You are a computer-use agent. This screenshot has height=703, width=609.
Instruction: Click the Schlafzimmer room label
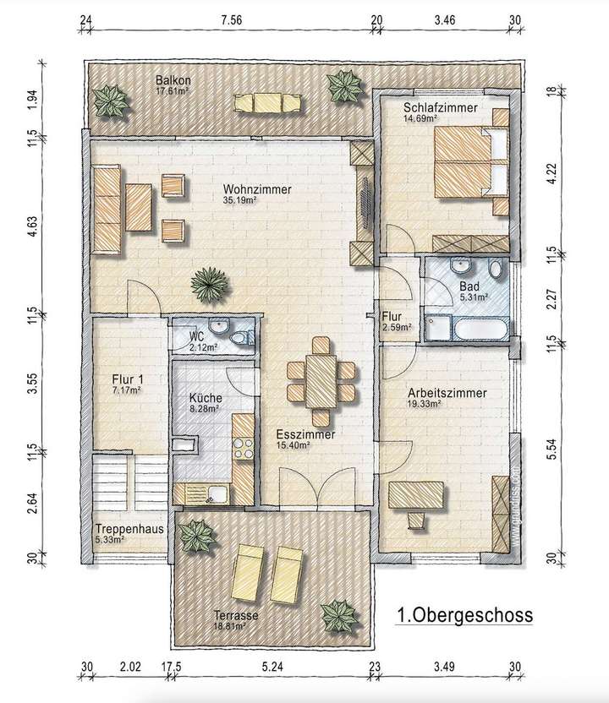(440, 109)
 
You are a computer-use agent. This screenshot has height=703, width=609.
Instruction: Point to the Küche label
(206, 397)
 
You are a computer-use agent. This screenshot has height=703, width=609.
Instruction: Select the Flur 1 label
(127, 380)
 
